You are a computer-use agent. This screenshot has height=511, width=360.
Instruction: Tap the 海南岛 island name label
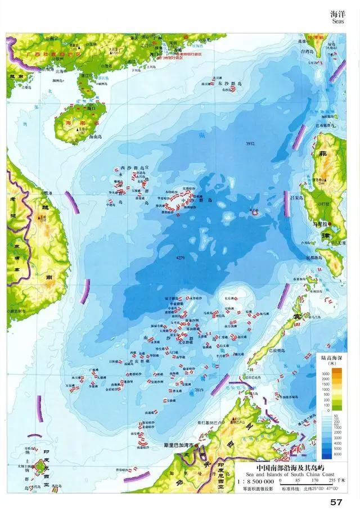point(82,137)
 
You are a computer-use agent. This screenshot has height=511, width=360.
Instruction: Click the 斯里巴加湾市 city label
point(178,445)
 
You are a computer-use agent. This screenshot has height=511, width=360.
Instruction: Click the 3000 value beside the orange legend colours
point(325,373)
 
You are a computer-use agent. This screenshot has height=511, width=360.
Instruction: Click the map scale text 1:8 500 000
point(254,482)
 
